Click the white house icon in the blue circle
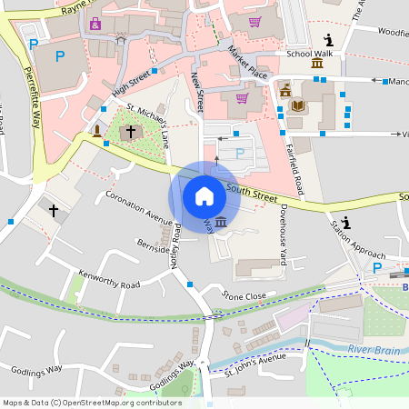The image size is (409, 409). click(204, 195)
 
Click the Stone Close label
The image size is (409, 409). click(244, 295)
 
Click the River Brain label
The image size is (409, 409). click(372, 350)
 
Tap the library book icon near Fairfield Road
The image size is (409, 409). click(298, 106)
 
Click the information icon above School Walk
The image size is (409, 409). click(327, 39)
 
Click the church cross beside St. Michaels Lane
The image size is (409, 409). click(131, 132)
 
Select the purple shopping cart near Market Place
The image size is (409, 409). click(242, 97)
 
